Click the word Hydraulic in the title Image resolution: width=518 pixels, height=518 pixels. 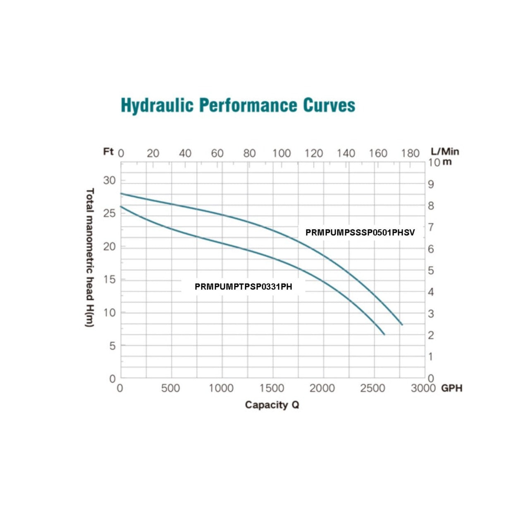157,105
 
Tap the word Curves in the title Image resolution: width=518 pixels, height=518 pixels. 329,105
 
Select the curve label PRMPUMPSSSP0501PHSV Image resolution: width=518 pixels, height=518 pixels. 360,232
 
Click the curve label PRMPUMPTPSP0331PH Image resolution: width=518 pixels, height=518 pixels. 243,286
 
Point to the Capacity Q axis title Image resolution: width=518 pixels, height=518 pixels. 272,405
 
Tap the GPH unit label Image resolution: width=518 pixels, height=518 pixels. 451,388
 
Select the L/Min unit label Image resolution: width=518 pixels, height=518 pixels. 445,152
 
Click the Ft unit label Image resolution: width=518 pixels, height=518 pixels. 108,152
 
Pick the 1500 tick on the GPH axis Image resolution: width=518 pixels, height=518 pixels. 272,388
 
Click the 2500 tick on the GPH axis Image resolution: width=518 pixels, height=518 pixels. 372,388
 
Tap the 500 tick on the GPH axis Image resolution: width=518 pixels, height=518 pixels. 170,388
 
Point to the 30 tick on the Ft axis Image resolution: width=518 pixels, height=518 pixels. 109,180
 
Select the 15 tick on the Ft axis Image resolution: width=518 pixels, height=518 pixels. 109,279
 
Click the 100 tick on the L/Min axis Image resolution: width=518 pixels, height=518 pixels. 281,153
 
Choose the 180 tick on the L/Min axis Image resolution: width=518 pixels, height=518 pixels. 410,153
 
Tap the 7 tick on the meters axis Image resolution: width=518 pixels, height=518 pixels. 431,227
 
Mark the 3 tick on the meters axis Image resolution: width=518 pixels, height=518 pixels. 431,314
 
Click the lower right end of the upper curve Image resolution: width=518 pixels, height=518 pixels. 402,325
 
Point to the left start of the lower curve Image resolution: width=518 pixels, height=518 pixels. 121,206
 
